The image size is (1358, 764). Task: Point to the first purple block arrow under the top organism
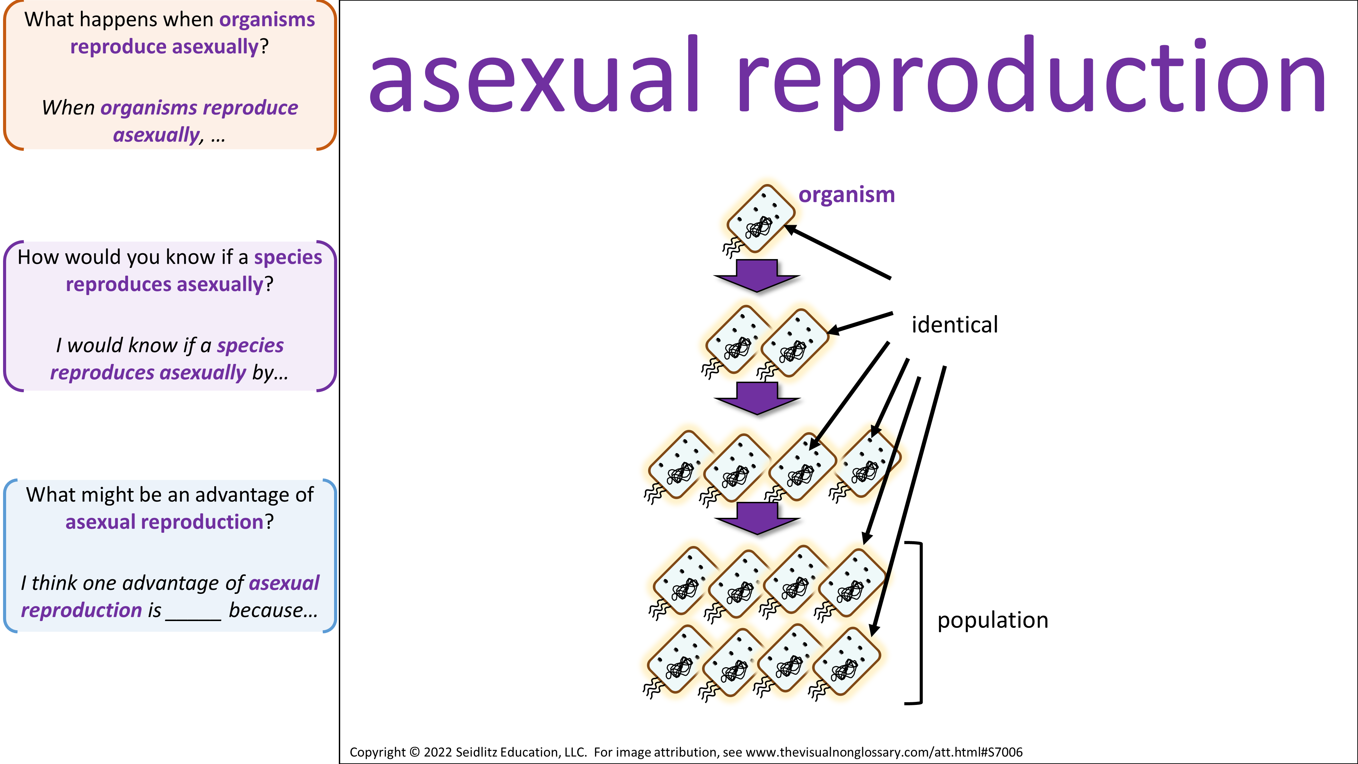[x=757, y=276]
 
